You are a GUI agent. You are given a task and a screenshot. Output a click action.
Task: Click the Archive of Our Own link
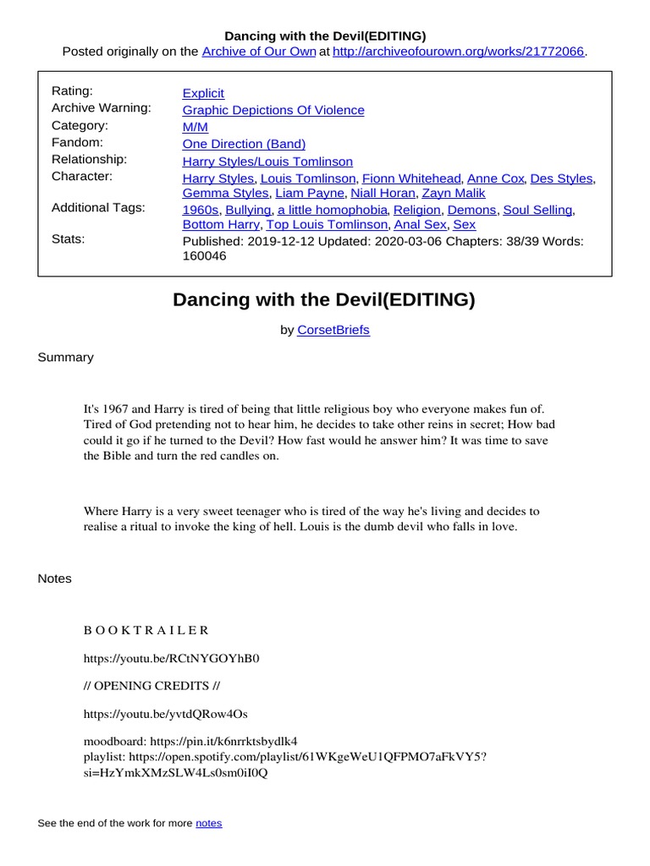pos(259,52)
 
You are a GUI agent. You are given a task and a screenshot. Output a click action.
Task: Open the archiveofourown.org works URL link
pos(458,52)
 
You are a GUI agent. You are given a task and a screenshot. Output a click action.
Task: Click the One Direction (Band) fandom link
pos(244,144)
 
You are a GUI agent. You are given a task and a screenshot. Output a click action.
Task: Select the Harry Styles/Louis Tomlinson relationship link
pos(267,161)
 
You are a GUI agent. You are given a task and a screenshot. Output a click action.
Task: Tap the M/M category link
pos(195,127)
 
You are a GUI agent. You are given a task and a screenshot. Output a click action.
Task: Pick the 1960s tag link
pos(201,210)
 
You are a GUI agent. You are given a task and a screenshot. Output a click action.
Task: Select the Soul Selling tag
pos(537,210)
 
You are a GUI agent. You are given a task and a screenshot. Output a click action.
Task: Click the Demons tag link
pos(473,210)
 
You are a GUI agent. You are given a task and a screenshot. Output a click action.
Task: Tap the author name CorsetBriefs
pos(333,330)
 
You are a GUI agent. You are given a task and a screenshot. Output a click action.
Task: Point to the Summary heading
pos(65,357)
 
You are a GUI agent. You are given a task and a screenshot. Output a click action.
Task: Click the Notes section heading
pos(54,578)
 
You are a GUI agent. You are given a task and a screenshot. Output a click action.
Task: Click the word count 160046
pos(204,255)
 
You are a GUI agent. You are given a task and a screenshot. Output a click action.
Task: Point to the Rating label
pos(72,91)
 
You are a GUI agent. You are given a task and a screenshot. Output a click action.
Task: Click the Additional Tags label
pos(98,208)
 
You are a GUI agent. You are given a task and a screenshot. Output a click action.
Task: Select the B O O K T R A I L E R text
pos(146,630)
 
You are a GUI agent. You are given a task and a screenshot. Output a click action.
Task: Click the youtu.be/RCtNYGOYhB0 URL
pos(171,658)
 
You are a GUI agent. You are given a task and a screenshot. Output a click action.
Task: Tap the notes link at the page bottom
pos(208,823)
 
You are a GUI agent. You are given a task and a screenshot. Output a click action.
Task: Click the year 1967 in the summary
pos(118,408)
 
